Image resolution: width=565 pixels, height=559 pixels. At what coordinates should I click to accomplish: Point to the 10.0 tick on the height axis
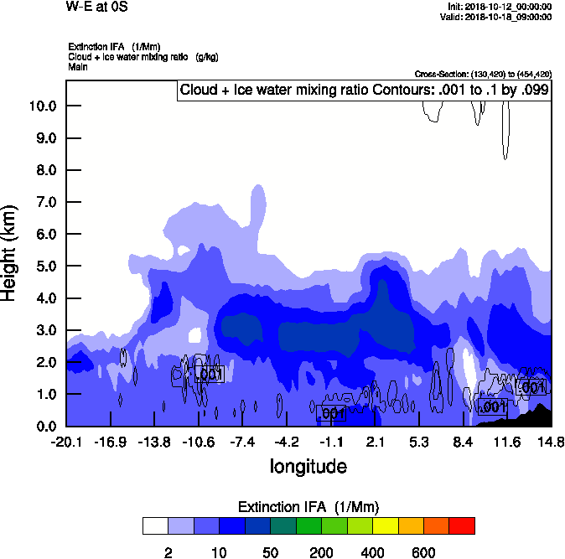[x=43, y=106]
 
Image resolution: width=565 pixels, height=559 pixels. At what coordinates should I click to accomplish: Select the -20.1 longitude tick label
[x=65, y=442]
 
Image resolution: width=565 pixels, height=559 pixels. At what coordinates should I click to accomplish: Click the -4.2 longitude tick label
[x=288, y=442]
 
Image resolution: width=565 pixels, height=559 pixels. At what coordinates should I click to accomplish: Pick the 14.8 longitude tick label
[x=551, y=442]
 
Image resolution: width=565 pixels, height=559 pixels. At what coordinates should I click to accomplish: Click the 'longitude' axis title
[x=308, y=465]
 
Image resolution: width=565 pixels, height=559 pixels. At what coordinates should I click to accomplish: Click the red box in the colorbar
[x=462, y=526]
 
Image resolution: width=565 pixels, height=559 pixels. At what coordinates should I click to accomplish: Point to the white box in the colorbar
[x=155, y=526]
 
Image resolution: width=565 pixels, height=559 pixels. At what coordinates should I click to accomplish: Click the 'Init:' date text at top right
[x=500, y=7]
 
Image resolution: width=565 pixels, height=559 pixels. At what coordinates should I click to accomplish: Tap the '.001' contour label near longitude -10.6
[x=209, y=375]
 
